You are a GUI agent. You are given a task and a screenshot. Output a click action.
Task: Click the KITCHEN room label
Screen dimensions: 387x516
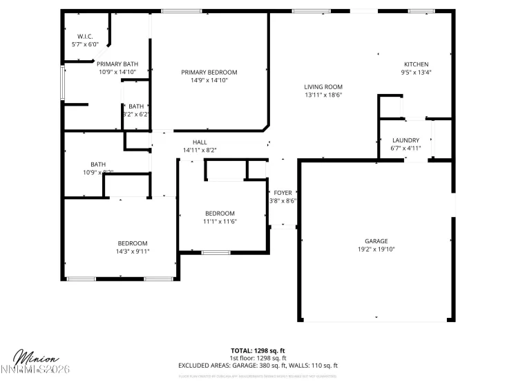tap(416, 64)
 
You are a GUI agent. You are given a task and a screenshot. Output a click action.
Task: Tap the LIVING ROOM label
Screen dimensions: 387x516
tap(323, 87)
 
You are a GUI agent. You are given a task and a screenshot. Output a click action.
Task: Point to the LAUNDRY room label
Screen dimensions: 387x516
tap(405, 140)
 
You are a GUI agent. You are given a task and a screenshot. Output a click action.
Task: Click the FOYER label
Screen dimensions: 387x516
tap(283, 193)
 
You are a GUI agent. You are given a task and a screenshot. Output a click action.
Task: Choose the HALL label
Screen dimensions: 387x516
tap(200, 142)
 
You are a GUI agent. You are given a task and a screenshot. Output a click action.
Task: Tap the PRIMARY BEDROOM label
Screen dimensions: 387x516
tap(209, 72)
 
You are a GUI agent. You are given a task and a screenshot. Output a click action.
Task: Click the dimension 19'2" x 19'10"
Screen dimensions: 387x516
tap(376, 249)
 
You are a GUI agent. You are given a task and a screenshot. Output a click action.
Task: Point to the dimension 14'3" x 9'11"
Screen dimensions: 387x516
tap(133, 252)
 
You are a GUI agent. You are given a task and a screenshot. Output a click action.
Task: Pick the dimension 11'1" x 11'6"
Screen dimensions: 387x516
tap(220, 221)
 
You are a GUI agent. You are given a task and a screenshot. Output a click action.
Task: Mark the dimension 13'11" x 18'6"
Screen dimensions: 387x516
tap(323, 95)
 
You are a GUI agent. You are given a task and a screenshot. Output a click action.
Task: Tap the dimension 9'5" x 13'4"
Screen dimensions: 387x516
tap(416, 72)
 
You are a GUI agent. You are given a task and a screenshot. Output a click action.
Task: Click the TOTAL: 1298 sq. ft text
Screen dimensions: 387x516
tap(258, 350)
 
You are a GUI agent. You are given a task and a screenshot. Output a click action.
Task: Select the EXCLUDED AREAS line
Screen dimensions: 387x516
tap(258, 366)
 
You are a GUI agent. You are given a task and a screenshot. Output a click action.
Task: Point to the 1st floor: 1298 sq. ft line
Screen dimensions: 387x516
tap(258, 358)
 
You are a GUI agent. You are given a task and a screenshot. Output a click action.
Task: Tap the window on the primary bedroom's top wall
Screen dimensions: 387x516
tap(182, 11)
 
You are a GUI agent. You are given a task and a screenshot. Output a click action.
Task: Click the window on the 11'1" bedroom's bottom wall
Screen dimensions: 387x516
tap(216, 252)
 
